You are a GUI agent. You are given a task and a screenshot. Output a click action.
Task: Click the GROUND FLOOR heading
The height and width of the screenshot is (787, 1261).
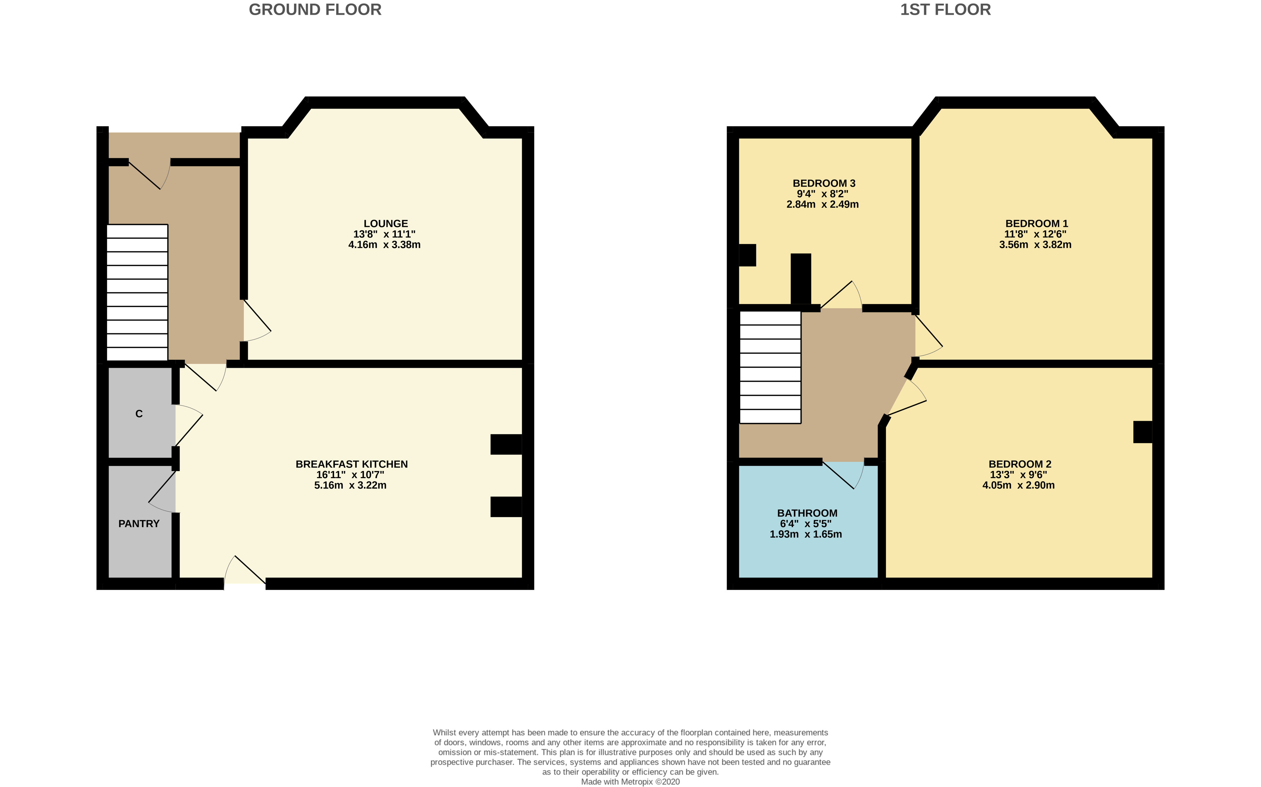coord(315,10)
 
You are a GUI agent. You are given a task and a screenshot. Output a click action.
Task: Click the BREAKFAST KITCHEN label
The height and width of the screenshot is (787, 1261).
coord(351,464)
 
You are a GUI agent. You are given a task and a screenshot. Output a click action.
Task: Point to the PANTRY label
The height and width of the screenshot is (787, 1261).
coord(138,523)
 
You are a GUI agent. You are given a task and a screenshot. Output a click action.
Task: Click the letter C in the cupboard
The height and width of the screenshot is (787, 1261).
coord(138,414)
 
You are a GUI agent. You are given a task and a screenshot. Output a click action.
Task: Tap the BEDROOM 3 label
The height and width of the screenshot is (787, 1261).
coord(823,183)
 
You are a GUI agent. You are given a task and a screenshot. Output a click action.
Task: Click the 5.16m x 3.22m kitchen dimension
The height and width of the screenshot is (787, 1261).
coord(350,485)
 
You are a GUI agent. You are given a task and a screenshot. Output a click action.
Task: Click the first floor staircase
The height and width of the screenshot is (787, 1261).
coord(770,367)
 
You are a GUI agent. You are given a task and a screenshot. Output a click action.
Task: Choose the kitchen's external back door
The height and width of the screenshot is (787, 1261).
coord(245,571)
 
